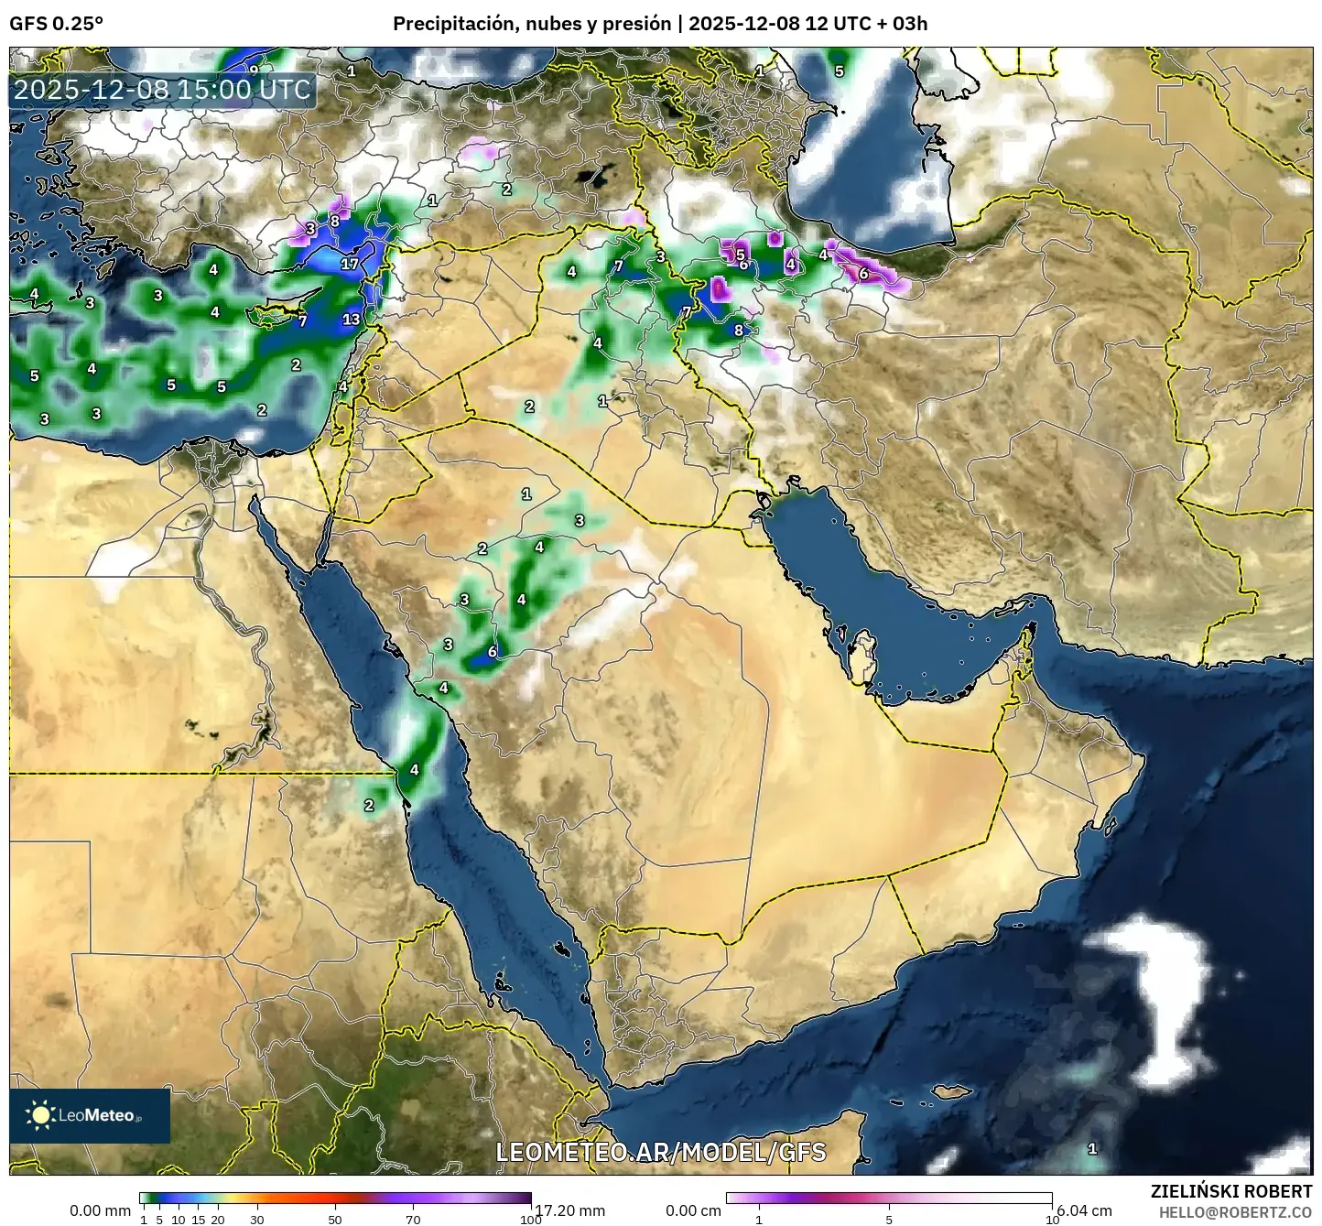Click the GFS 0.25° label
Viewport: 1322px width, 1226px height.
pos(56,24)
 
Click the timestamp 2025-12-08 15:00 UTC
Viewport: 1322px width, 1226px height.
pos(162,90)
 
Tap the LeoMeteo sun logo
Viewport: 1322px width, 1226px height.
pos(40,1114)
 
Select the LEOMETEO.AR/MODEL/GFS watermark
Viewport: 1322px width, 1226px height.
pos(660,1152)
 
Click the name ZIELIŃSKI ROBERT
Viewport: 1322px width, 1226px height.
pos(1230,1191)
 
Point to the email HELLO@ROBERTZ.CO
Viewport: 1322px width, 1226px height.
pos(1235,1211)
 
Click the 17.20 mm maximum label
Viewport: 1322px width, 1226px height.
pos(569,1210)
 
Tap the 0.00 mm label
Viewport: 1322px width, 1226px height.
pos(100,1210)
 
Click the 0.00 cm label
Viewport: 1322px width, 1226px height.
pos(693,1210)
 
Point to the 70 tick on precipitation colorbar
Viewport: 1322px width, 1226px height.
pos(413,1219)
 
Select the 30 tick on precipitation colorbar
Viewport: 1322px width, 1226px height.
pos(257,1219)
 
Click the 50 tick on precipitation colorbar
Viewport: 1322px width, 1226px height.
pos(335,1219)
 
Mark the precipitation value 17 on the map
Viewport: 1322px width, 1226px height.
pos(350,264)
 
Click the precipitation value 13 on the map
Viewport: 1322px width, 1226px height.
pos(352,320)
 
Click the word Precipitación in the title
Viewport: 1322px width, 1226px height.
pos(453,24)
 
